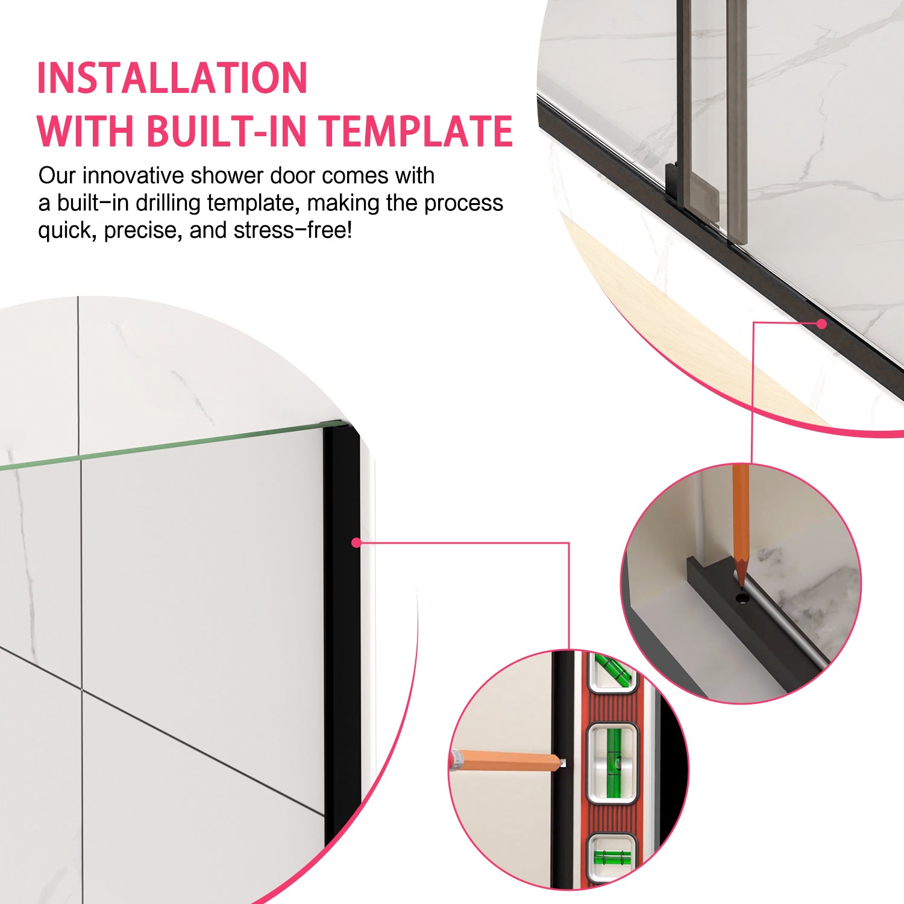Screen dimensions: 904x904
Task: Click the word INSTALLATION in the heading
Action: pos(172,78)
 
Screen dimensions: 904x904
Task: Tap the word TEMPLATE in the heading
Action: pos(416,131)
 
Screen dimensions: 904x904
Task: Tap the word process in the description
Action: pos(463,203)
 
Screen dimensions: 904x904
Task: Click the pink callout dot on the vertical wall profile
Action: pos(356,542)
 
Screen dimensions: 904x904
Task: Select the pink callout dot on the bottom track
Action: pos(821,324)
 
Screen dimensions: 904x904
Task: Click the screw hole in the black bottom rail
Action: pos(742,598)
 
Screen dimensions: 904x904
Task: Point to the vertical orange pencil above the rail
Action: pos(741,518)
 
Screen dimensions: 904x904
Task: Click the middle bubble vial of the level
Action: pos(612,762)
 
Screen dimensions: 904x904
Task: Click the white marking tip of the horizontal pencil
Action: pos(563,763)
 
